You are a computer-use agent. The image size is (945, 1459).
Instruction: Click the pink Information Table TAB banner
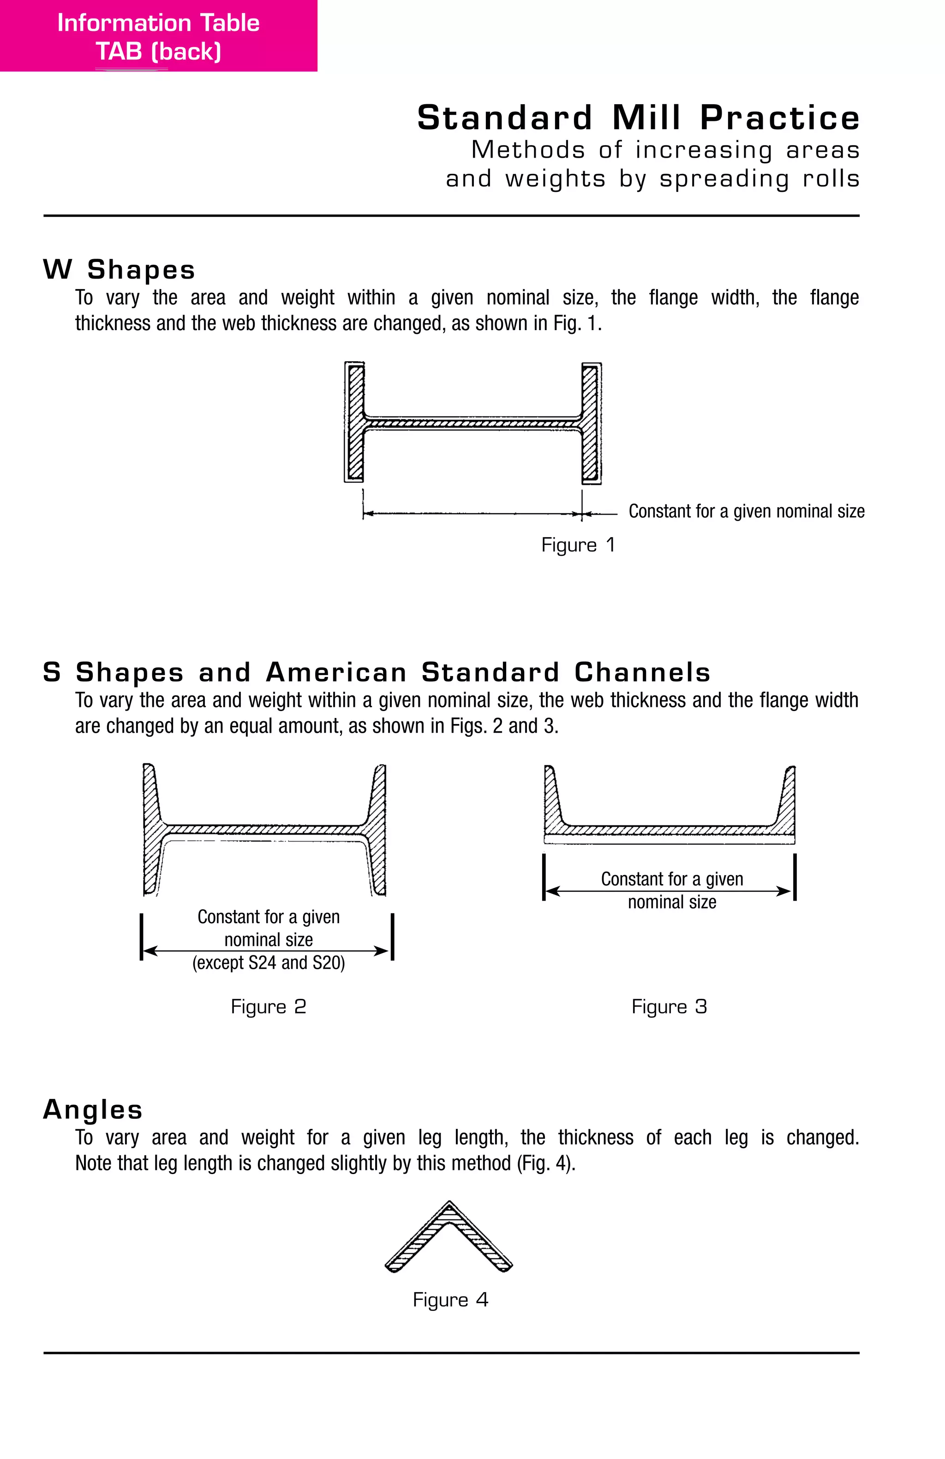(158, 36)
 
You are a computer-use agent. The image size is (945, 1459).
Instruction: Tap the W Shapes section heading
(119, 270)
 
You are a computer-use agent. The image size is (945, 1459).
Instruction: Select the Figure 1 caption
(578, 545)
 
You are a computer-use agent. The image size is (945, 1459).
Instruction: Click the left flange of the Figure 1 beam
(355, 422)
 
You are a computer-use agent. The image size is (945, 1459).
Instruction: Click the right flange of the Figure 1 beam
(591, 422)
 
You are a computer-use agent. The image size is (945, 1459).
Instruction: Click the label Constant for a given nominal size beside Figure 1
(746, 511)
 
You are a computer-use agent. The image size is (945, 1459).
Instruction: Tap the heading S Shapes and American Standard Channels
(377, 672)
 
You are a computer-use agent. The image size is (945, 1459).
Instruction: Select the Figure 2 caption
(268, 1007)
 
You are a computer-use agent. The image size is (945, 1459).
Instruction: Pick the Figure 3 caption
(669, 1007)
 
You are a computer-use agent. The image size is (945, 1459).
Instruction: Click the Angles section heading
(93, 1109)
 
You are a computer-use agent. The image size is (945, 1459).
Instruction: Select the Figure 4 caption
(450, 1299)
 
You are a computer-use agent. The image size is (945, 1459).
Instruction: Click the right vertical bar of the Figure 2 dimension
(392, 937)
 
